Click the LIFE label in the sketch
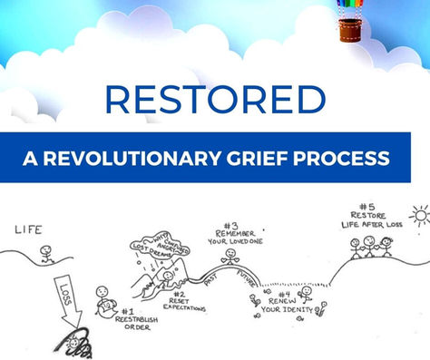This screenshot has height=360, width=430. coord(29,230)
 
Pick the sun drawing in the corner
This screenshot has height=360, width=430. coord(418,215)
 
